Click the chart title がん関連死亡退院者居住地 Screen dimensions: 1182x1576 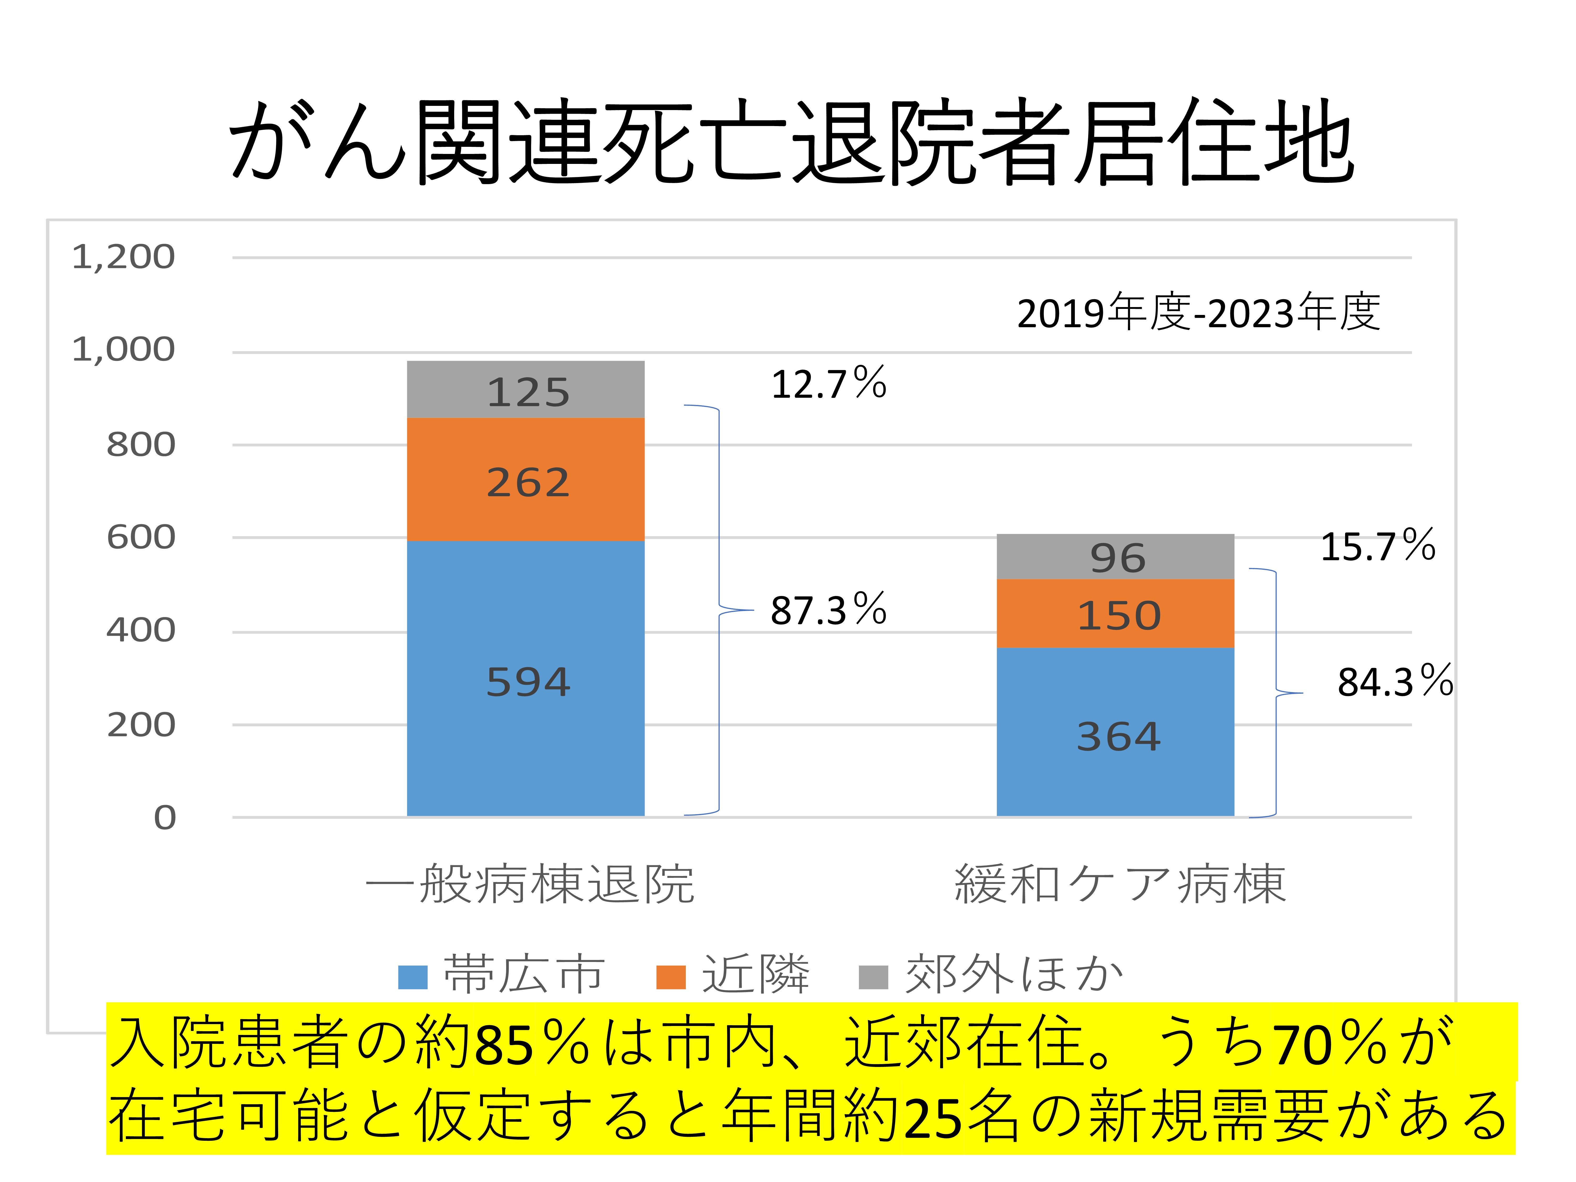791,141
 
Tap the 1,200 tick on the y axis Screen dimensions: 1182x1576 123,257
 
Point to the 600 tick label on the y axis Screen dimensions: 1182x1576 141,537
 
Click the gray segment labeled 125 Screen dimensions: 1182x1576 526,390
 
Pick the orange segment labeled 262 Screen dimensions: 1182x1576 526,479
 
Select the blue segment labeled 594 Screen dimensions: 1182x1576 526,678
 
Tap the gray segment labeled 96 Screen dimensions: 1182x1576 1115,556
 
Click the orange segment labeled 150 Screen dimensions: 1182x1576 1115,613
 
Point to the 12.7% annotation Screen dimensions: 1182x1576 829,384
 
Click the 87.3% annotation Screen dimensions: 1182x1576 829,610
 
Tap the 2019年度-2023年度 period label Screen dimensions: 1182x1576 1198,313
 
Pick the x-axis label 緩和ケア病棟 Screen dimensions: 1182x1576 1120,884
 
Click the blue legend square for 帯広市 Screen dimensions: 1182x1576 413,977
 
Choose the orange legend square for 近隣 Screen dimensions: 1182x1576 670,977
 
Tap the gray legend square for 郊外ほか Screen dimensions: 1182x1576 873,977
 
